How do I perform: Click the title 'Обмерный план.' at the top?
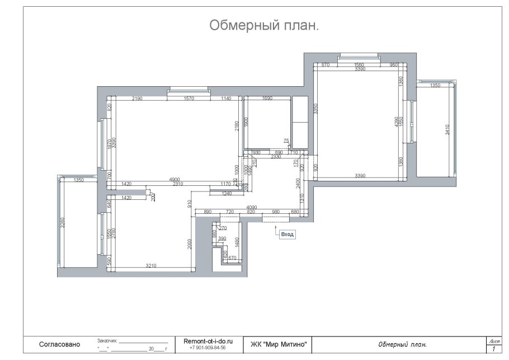264,26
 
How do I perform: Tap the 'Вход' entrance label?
287,235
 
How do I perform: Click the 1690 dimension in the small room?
266,99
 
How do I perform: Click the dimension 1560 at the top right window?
359,65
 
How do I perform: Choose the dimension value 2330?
276,157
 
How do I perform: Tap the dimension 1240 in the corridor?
227,193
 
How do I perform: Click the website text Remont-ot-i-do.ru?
208,340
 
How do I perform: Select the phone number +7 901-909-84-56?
208,348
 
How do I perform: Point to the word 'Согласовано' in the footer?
60,344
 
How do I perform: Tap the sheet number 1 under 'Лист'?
494,349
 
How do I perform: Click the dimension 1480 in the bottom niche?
237,241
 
